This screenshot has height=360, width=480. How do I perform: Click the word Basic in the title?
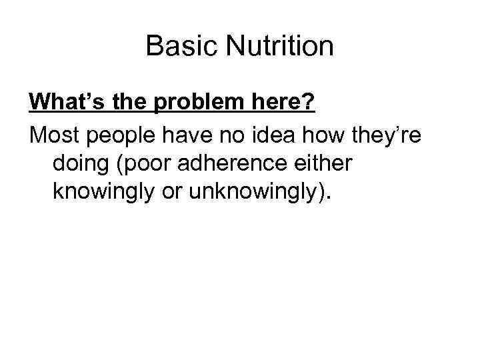[175, 47]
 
